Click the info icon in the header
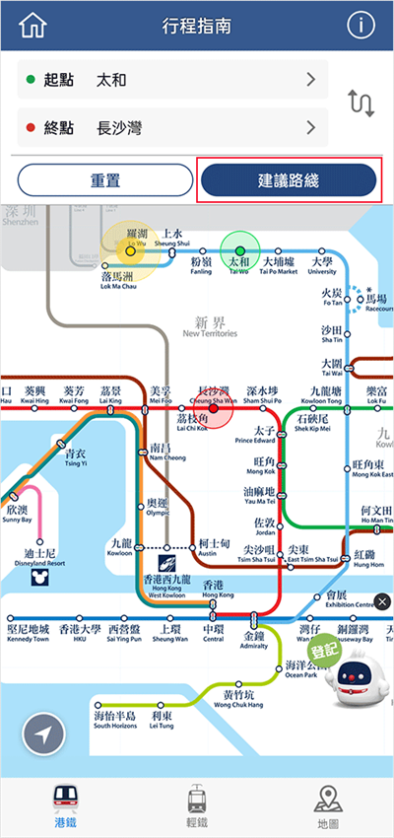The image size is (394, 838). pos(361,26)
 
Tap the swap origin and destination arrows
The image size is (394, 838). pos(361,103)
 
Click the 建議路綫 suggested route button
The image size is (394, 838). pos(289,182)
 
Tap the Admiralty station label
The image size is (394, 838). pos(254,642)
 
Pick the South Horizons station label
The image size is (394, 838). pos(115,720)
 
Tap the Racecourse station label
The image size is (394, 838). pos(377,303)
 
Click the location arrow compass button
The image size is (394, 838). pos(36,733)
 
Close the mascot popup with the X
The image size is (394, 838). pos(382,601)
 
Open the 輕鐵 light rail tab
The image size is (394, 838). pos(197,807)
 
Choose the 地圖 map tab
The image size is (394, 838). pos(328,807)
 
